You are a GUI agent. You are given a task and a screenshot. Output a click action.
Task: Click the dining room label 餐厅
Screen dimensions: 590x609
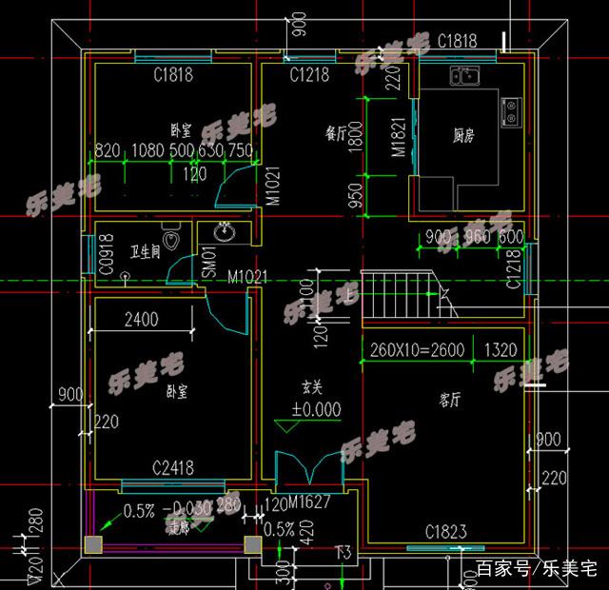coord(336,134)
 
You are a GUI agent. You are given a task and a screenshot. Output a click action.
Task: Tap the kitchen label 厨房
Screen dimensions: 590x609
coord(463,136)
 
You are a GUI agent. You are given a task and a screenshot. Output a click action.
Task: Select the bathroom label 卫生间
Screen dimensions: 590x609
coord(146,252)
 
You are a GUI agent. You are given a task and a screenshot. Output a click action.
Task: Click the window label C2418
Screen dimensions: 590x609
coord(173,467)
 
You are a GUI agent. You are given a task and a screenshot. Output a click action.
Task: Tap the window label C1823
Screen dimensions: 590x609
coord(445,532)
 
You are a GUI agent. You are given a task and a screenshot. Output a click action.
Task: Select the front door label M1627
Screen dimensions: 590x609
coord(309,502)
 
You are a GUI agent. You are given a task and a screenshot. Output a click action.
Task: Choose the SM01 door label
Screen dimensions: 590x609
coord(206,264)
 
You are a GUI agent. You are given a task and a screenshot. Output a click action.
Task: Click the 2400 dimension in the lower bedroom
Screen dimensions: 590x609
coord(141,320)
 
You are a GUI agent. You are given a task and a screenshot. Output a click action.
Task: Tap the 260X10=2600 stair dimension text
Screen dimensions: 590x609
coord(418,350)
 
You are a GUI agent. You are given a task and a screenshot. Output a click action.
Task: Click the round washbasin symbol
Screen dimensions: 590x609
coord(226,231)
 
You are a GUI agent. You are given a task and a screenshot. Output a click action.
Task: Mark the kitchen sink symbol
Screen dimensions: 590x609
coord(466,75)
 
